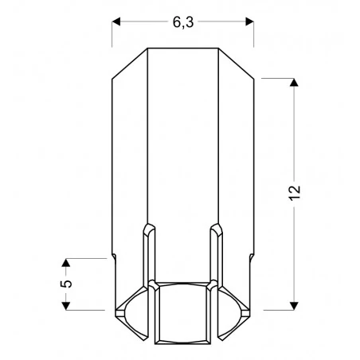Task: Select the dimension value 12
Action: (x=295, y=194)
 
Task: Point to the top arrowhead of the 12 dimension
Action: (x=295, y=83)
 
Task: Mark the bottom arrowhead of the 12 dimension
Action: (x=295, y=304)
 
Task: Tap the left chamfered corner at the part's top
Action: (x=129, y=64)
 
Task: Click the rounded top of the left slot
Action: (x=148, y=229)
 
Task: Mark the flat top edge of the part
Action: (x=182, y=49)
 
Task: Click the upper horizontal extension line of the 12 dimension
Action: (x=279, y=78)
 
